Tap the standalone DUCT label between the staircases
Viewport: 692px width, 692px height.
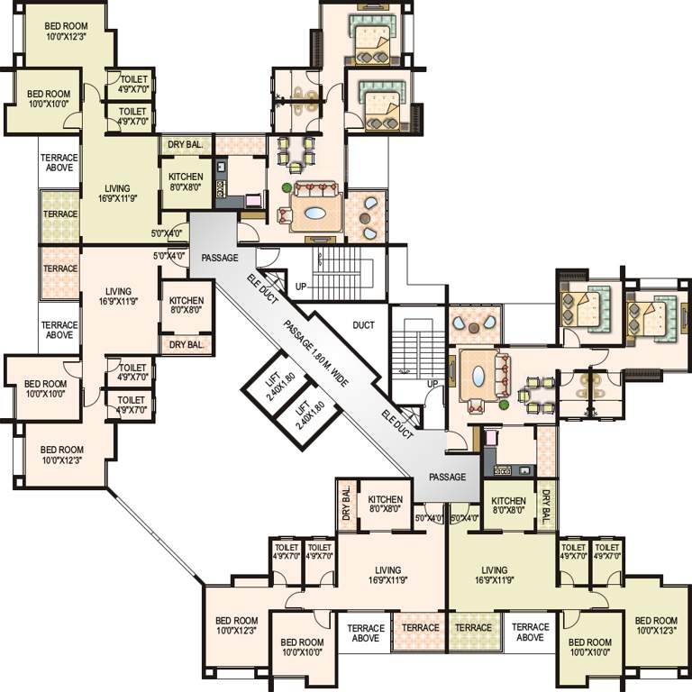tap(363, 325)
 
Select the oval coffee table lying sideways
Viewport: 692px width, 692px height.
tap(315, 214)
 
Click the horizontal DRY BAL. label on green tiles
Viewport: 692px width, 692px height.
tap(185, 145)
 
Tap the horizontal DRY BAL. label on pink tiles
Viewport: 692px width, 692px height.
tap(187, 344)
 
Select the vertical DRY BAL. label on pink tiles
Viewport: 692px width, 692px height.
tap(346, 504)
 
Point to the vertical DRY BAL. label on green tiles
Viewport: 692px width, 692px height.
tap(546, 506)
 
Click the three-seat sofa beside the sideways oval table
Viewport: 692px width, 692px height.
tap(316, 191)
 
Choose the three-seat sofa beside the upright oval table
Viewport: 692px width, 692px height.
tap(502, 375)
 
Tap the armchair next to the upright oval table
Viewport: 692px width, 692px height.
tap(476, 405)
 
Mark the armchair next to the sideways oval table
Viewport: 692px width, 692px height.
tap(285, 215)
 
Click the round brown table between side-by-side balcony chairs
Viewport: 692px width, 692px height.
tap(475, 328)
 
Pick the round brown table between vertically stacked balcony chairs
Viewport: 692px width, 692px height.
tap(365, 218)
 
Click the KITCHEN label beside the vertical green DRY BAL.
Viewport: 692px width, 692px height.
tap(508, 505)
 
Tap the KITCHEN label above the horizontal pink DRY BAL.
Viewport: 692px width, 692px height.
tap(187, 305)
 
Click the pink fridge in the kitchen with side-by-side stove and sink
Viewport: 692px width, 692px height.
tap(490, 438)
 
